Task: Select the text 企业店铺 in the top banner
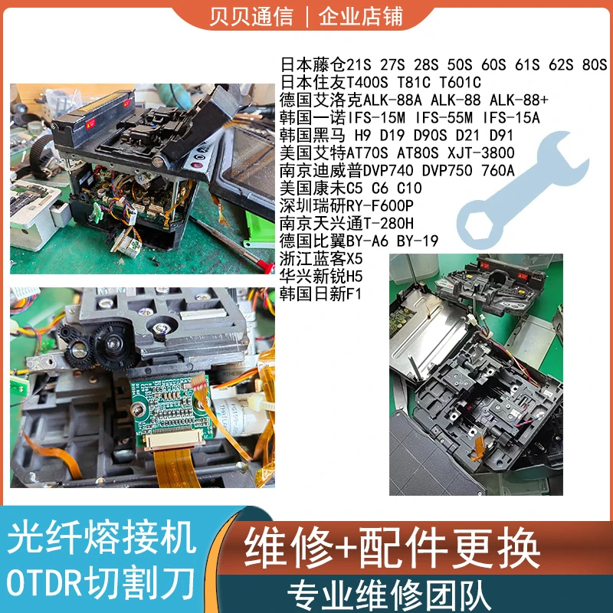tap(359, 16)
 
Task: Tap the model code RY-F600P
tap(380, 205)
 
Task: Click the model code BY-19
tap(418, 241)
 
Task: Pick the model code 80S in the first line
tap(594, 64)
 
